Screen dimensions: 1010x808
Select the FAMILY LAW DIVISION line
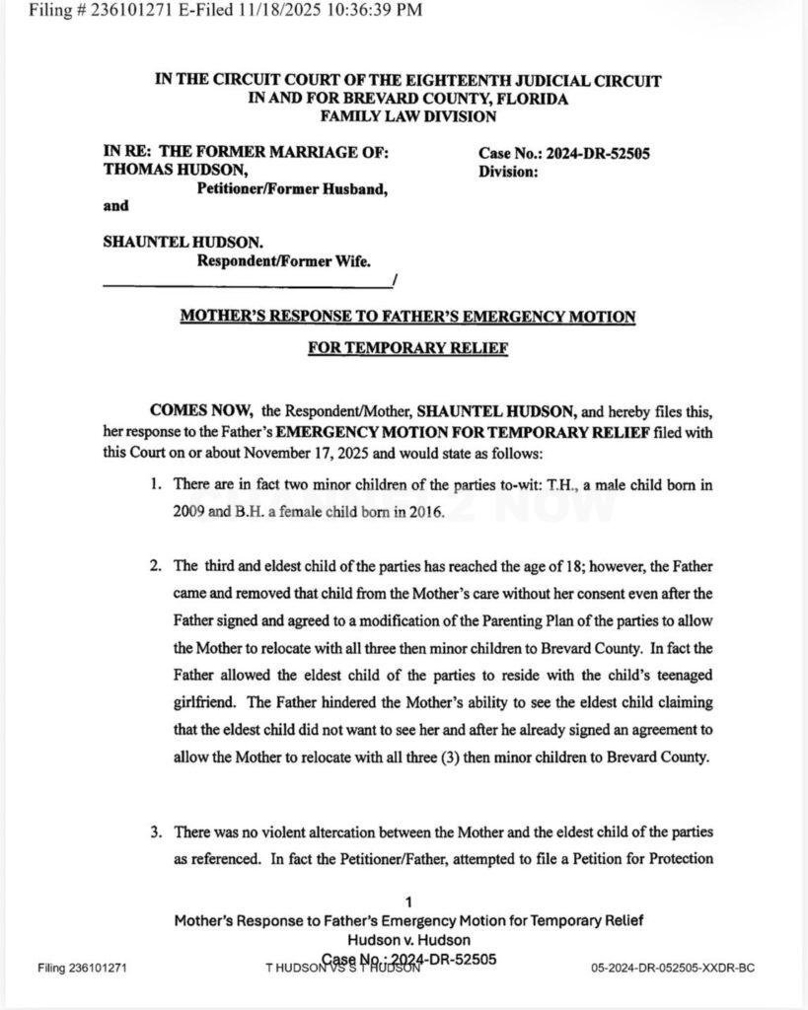[x=408, y=115]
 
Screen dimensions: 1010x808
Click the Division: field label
[x=508, y=171]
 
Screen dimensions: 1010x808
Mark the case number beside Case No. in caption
[x=603, y=153]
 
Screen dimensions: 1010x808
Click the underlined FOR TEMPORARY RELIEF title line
[x=407, y=348]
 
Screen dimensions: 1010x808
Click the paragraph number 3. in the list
[x=156, y=831]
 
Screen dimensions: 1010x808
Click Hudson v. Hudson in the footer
[x=407, y=939]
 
